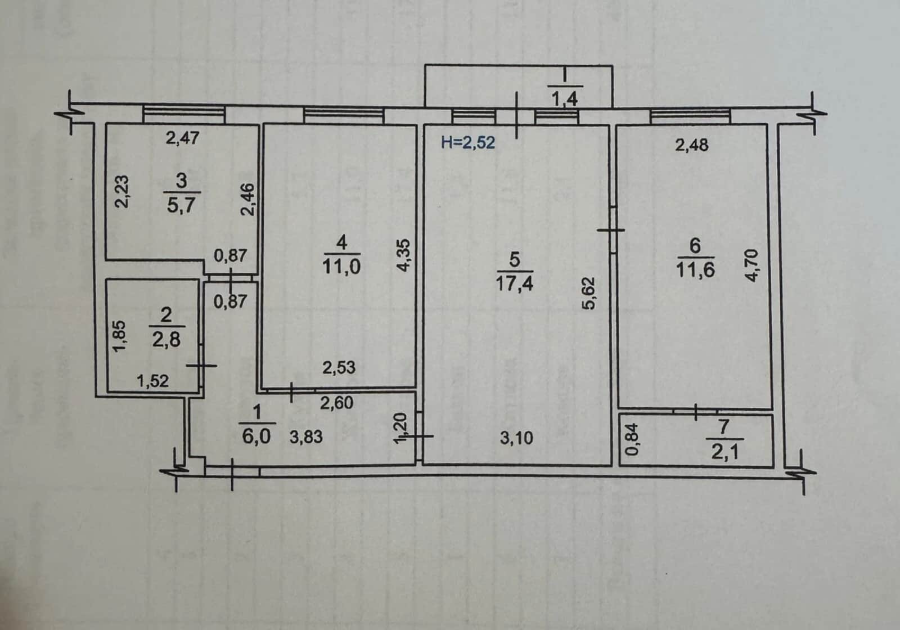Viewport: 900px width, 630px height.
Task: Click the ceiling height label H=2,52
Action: [x=467, y=143]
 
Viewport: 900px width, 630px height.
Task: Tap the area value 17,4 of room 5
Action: [x=514, y=283]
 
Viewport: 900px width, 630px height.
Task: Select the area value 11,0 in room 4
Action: [x=341, y=267]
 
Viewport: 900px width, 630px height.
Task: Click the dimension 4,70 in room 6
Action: [x=751, y=265]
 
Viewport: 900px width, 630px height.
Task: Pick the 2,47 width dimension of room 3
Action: [x=182, y=138]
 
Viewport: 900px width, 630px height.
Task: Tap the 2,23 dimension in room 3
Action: [x=121, y=191]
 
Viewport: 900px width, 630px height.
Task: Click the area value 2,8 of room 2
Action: [x=166, y=340]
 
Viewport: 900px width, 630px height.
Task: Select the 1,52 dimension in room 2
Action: [x=152, y=380]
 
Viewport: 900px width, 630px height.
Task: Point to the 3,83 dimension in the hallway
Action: [x=306, y=436]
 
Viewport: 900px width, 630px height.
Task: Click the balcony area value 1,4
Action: [x=565, y=98]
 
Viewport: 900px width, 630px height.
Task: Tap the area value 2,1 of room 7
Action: [x=725, y=453]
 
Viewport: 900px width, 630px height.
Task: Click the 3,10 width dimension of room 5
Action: [x=517, y=438]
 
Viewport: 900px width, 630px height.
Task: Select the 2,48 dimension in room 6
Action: [x=692, y=145]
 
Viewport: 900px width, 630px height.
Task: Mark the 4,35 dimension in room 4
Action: [x=404, y=255]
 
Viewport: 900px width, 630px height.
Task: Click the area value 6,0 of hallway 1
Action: [x=256, y=436]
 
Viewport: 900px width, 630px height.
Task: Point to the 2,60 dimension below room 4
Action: [x=337, y=403]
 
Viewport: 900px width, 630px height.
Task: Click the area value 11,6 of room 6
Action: [x=695, y=269]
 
